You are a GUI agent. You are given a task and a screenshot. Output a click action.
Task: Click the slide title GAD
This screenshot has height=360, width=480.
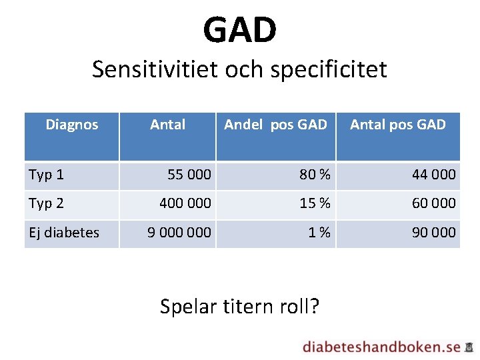click(240, 30)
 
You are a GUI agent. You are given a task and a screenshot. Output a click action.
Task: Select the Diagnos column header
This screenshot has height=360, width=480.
click(72, 125)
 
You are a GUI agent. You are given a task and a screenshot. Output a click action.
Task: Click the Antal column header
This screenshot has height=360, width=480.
click(167, 125)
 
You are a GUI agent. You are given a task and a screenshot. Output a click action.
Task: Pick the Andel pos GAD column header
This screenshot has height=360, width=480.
click(275, 125)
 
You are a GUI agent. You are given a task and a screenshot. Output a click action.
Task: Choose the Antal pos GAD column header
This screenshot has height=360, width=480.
click(398, 125)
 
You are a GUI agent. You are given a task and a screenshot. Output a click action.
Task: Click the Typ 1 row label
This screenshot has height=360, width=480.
click(47, 175)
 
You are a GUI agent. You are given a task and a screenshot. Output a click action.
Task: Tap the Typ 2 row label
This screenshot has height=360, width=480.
click(47, 203)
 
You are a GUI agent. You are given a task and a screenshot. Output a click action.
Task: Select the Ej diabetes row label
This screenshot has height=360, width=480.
click(64, 233)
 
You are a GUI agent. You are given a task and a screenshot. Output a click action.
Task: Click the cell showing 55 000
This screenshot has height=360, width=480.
click(189, 175)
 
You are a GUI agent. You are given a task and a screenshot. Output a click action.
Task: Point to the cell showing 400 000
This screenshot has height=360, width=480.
click(185, 203)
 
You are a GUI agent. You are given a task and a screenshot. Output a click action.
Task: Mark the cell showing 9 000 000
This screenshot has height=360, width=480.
click(179, 233)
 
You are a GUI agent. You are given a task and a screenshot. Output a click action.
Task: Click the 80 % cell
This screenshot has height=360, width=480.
click(315, 175)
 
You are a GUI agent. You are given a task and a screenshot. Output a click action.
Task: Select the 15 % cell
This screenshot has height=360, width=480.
click(315, 203)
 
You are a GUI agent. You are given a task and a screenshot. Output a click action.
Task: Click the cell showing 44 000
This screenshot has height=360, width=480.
click(434, 175)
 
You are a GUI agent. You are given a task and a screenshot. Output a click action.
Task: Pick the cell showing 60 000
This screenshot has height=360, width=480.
click(434, 203)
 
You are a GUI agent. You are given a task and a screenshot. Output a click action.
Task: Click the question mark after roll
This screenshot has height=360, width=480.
click(314, 307)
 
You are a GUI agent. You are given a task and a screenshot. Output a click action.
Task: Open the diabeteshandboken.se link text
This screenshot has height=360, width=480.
click(381, 347)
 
